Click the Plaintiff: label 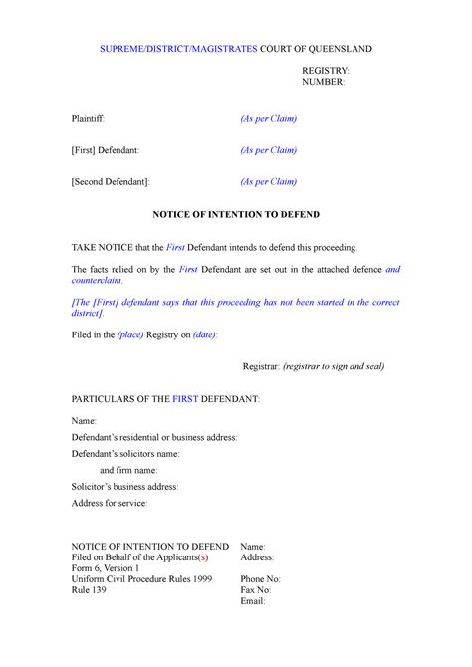94,120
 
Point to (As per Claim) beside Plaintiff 269,120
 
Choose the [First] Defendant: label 112,150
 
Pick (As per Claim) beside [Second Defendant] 269,182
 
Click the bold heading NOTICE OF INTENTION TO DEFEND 235,214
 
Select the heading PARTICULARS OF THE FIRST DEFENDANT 165,398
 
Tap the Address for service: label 110,504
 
